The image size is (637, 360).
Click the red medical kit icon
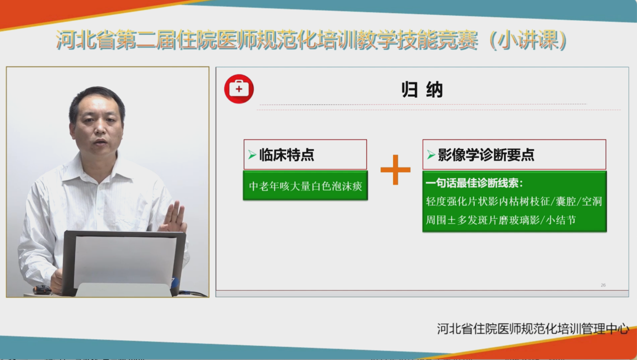coord(239,89)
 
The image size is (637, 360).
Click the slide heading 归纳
coord(422,90)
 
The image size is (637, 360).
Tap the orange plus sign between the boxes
coord(395,170)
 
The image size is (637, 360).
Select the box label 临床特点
coord(287,155)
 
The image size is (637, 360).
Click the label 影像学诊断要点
coord(486,155)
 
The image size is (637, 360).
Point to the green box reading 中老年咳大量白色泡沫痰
coord(305,186)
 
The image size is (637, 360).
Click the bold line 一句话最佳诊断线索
coord(474,183)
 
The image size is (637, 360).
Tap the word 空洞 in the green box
coord(592,201)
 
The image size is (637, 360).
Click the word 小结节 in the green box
coord(561,220)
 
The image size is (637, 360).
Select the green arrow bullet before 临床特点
coord(252,155)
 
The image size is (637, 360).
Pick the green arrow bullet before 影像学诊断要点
coord(431,155)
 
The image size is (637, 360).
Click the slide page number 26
coord(603,285)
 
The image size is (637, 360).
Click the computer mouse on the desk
coord(42,290)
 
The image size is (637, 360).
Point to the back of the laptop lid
coord(124,263)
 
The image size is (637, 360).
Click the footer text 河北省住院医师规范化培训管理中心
coord(533,329)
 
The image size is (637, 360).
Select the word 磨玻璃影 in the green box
coord(519,220)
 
